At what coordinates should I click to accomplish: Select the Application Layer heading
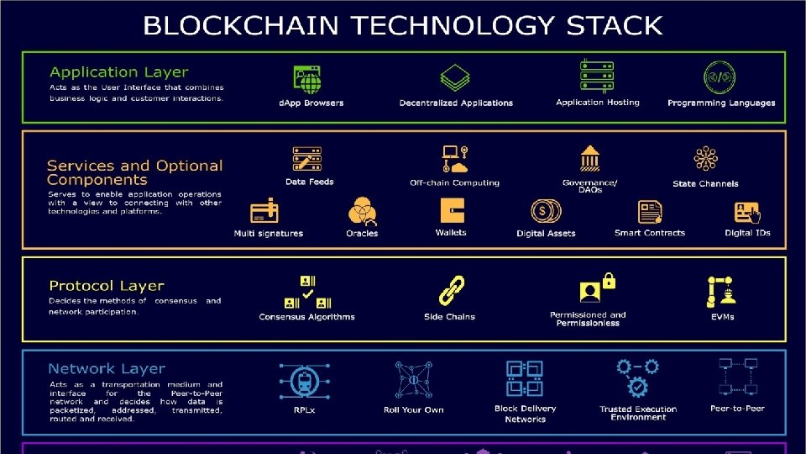(118, 72)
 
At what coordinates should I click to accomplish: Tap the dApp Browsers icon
(307, 80)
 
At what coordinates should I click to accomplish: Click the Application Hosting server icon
(597, 76)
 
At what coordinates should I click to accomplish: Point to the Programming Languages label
(721, 103)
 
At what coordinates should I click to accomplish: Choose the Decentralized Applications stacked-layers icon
(455, 79)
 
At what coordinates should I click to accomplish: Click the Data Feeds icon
(307, 159)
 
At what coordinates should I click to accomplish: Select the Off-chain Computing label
(454, 182)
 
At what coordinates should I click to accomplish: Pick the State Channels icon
(705, 159)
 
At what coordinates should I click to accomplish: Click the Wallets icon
(452, 210)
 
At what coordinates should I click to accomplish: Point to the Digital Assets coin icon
(546, 211)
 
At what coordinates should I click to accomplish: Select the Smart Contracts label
(650, 233)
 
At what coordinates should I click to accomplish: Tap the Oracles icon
(362, 210)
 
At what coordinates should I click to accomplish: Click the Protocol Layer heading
(107, 286)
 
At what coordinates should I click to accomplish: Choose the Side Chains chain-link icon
(452, 290)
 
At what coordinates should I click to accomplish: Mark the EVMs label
(722, 317)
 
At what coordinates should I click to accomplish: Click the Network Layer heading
(107, 368)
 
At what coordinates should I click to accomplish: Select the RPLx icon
(304, 380)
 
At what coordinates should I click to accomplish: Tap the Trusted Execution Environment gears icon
(638, 377)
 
